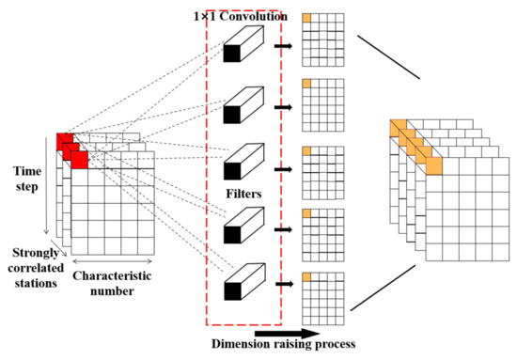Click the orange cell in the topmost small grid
click(x=306, y=19)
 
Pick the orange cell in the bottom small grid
click(x=306, y=276)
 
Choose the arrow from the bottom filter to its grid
click(x=285, y=279)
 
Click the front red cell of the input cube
click(x=80, y=161)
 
